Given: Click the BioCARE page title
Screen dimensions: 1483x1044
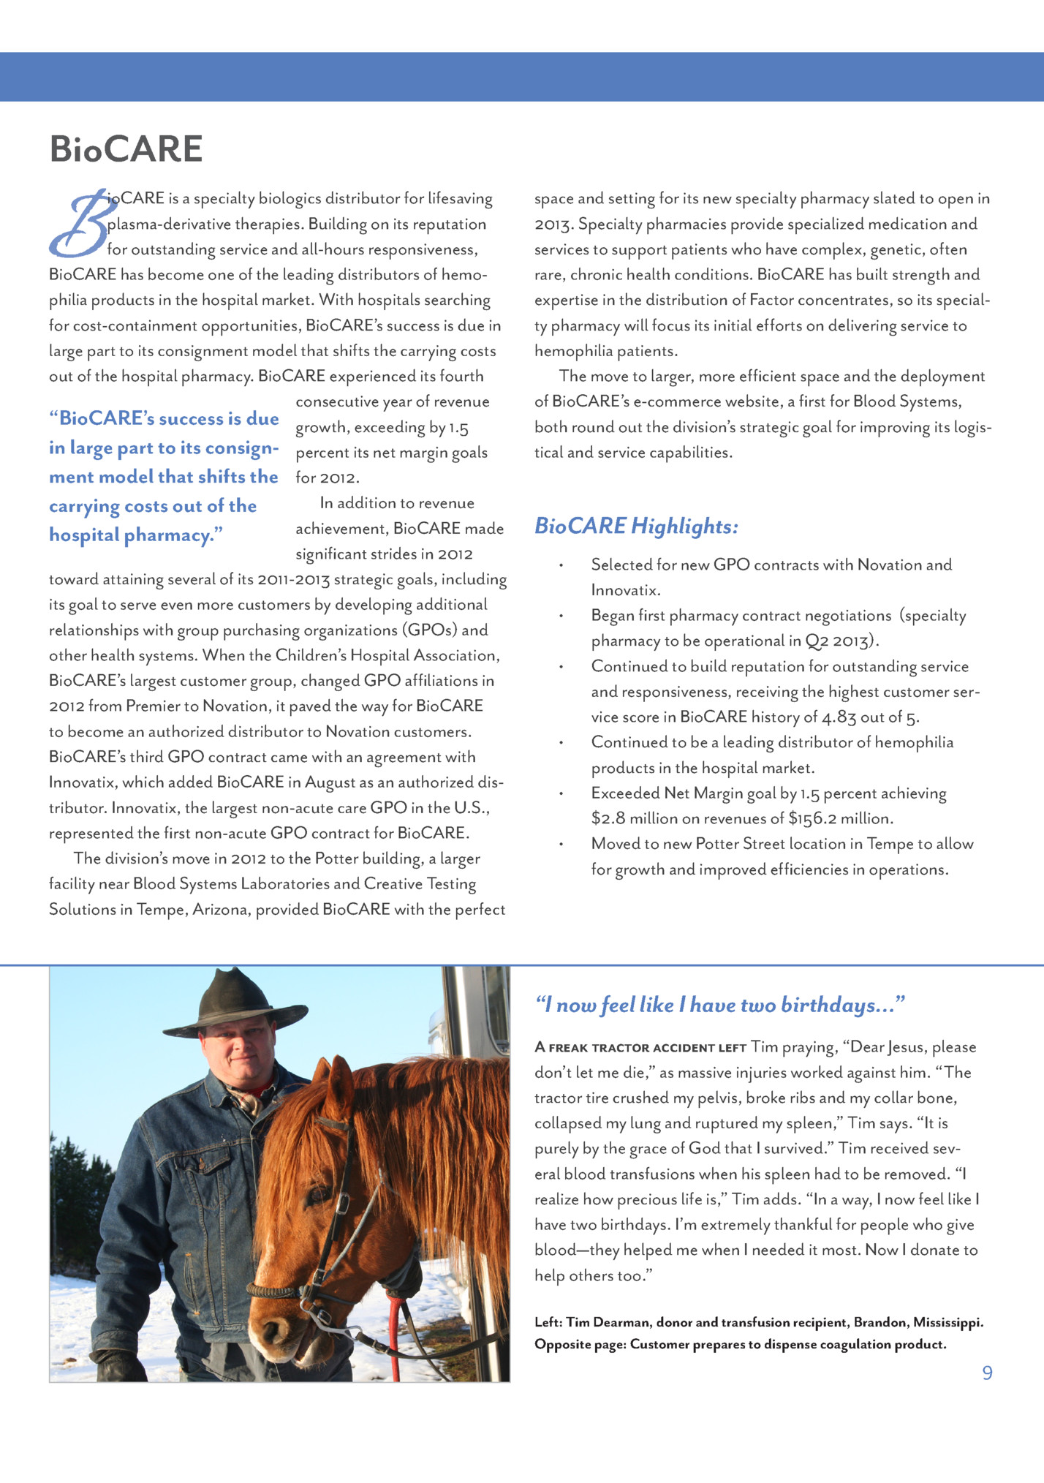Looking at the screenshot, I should coord(126,149).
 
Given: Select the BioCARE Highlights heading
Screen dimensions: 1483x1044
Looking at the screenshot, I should coord(636,526).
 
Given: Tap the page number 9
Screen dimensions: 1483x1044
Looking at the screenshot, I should coord(987,1373).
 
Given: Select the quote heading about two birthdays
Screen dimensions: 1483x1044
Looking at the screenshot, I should coord(720,1005).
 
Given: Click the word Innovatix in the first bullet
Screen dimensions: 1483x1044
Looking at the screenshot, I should coord(625,589).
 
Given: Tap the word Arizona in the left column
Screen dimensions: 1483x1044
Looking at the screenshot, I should coord(221,909).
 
